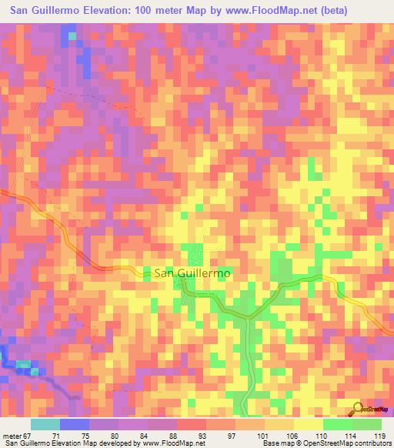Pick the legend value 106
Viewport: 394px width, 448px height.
(289, 435)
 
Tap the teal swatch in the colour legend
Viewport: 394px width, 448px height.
(45, 424)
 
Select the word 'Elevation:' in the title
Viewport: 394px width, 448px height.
(108, 11)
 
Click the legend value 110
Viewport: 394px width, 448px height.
(319, 435)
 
